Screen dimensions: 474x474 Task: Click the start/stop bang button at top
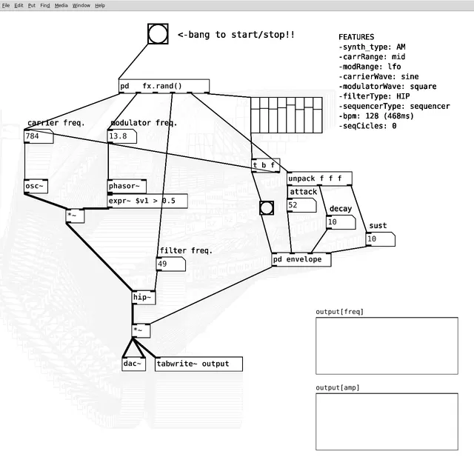[158, 34]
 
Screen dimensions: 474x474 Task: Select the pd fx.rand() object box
[164, 86]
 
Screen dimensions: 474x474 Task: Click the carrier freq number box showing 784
[39, 136]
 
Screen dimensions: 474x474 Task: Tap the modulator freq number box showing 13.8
[122, 136]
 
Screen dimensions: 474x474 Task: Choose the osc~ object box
[36, 186]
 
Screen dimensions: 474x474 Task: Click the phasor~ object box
[127, 186]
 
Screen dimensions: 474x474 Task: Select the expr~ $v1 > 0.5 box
[147, 201]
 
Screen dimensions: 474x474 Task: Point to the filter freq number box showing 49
[171, 264]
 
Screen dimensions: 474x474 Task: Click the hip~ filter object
[144, 298]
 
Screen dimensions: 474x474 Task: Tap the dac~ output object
[134, 364]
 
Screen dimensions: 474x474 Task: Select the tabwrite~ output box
[198, 364]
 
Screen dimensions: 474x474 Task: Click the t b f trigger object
[265, 165]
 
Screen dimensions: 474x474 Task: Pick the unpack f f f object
[319, 178]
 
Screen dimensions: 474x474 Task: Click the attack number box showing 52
[301, 205]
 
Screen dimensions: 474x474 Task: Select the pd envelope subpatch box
[301, 260]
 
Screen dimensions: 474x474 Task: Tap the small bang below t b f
[267, 208]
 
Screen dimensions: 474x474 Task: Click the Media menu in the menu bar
[61, 5]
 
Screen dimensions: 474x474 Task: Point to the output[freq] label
[339, 312]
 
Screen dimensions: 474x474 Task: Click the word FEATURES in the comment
[356, 37]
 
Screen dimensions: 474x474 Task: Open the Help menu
[100, 5]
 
